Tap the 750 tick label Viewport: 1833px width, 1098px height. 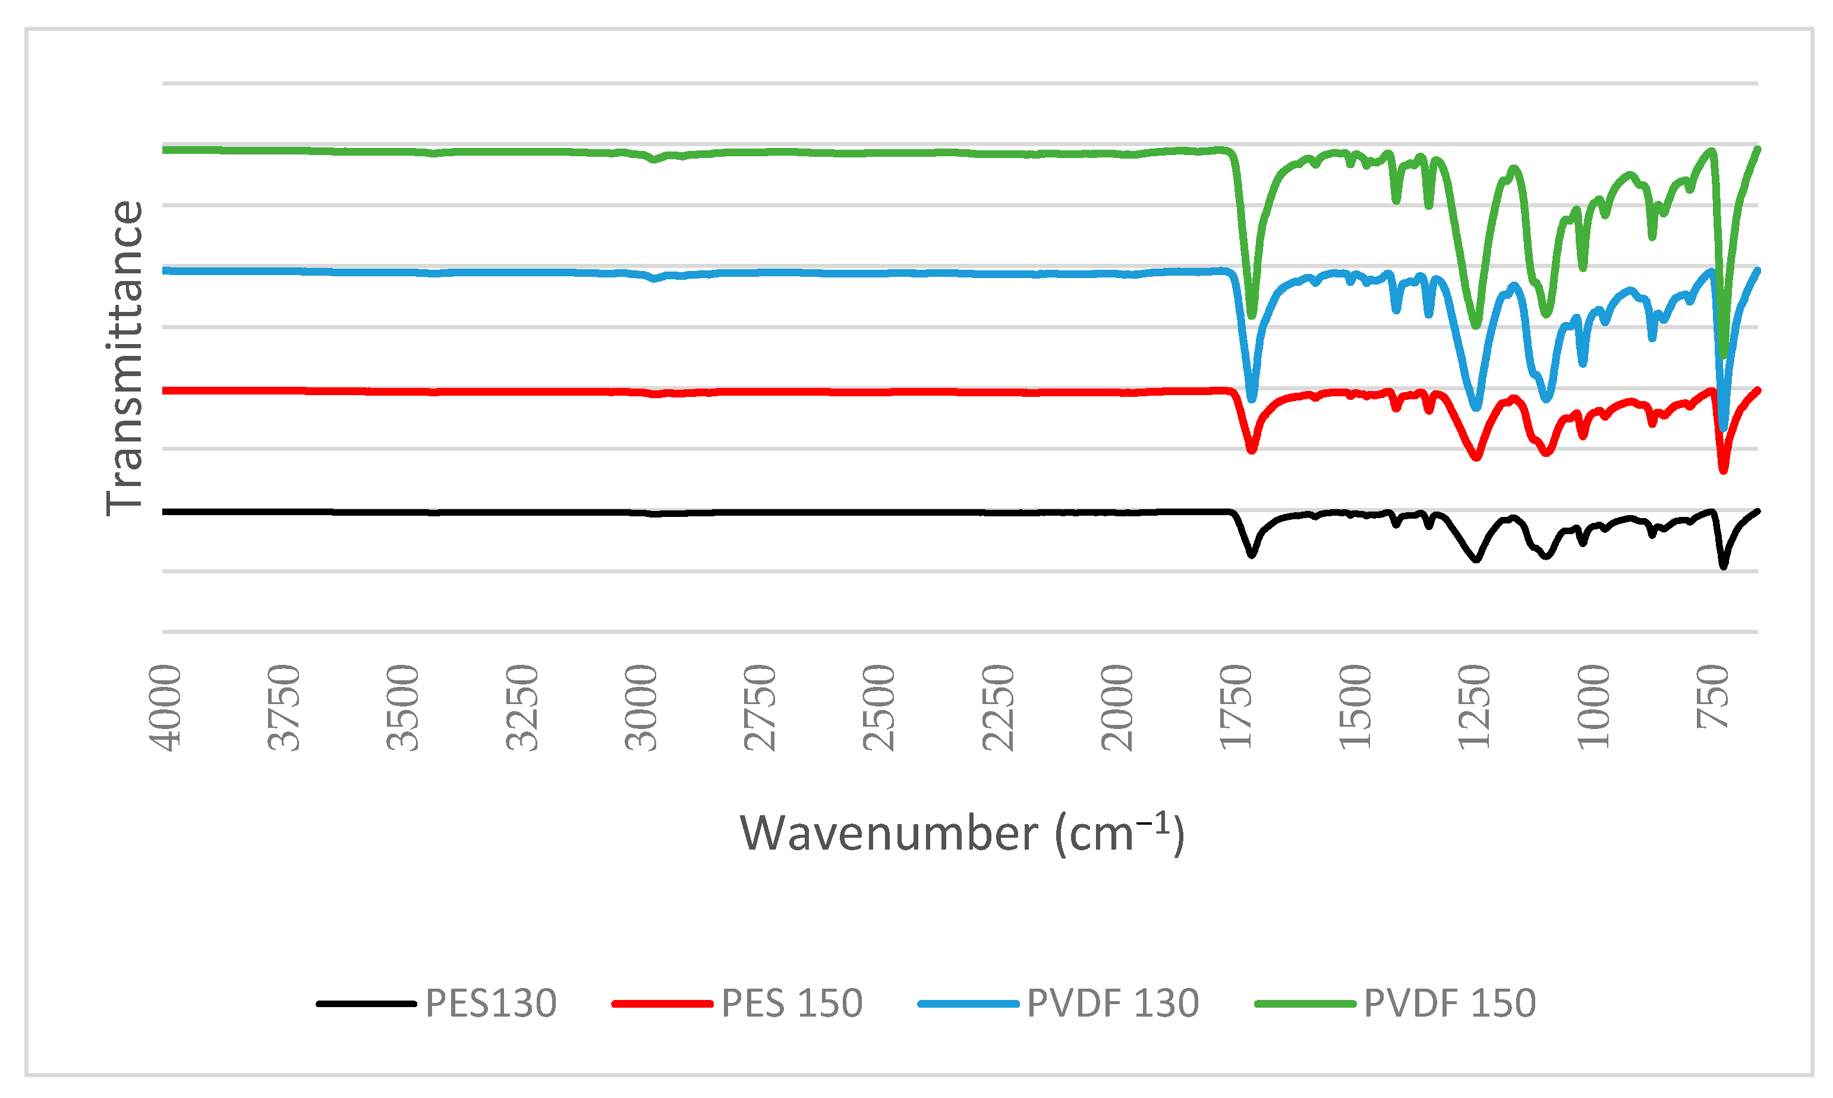pos(1713,696)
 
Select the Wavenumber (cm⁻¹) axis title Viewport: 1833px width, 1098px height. pos(962,834)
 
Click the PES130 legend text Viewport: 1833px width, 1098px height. pos(490,1004)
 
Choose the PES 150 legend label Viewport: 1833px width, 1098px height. pos(792,1004)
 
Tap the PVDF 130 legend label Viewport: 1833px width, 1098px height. pos(1113,1004)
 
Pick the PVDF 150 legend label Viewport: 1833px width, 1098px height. pos(1450,1004)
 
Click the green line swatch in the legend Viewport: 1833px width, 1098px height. pos(1305,1004)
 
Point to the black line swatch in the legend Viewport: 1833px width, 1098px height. pos(366,1004)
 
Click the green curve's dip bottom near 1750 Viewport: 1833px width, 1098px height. pos(1251,315)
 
